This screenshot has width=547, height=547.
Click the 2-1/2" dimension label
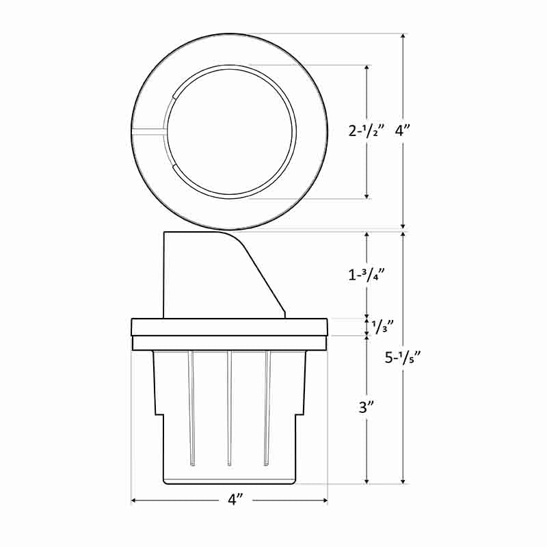[367, 131]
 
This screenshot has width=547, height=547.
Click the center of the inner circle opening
[230, 131]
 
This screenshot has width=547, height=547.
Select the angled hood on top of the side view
[219, 273]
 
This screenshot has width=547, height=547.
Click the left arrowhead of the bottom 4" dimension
[133, 501]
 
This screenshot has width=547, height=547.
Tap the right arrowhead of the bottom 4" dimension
[325, 501]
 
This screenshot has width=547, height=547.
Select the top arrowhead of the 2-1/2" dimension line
[368, 69]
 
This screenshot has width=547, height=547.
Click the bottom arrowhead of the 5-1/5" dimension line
[403, 480]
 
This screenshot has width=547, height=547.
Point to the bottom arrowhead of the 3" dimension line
[368, 480]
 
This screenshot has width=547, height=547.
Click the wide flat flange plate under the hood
[230, 327]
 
